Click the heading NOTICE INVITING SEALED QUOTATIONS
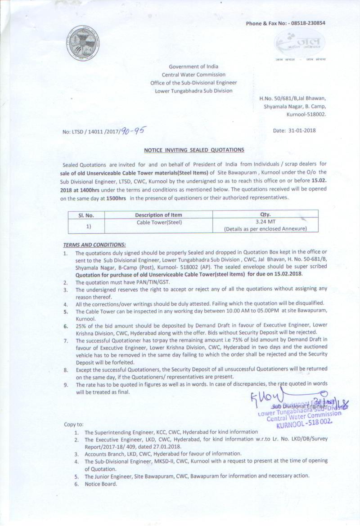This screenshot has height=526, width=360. pyautogui.click(x=194, y=150)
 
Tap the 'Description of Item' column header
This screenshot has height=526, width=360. pyautogui.click(x=158, y=215)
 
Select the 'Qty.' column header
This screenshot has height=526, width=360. pyautogui.click(x=265, y=214)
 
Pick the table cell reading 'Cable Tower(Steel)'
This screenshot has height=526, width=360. pyautogui.click(x=158, y=222)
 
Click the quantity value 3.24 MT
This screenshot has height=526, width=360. pyautogui.click(x=265, y=222)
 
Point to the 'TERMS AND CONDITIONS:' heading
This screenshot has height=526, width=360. pyautogui.click(x=94, y=245)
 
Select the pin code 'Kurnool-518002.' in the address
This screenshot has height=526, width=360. pyautogui.click(x=306, y=115)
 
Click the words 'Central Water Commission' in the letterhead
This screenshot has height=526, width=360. pyautogui.click(x=193, y=75)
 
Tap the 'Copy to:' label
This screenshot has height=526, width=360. pyautogui.click(x=74, y=424)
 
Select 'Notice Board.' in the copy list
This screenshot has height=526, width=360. pyautogui.click(x=101, y=484)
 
